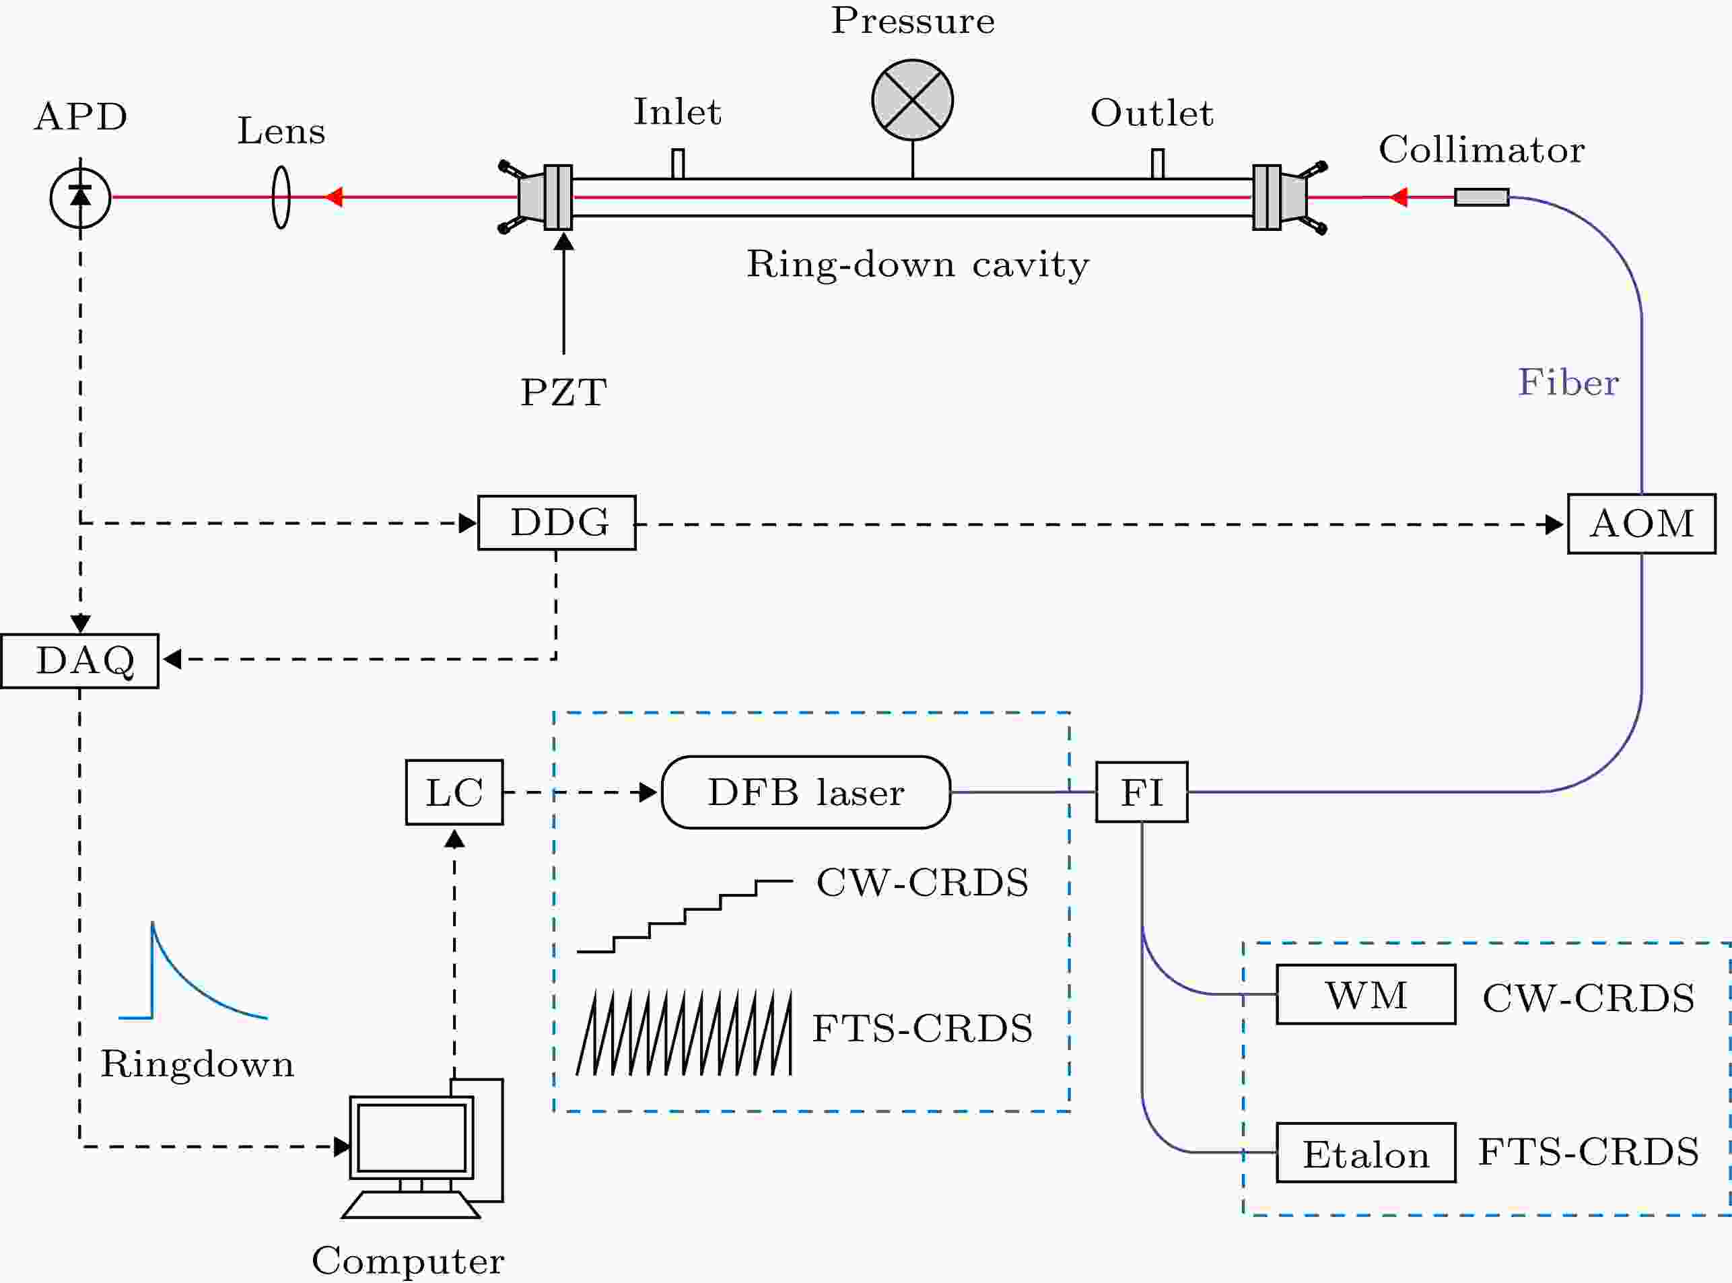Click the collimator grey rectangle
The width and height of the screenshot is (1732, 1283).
point(1482,197)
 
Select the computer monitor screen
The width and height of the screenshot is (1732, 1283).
point(412,1138)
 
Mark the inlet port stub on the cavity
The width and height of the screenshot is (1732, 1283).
point(678,163)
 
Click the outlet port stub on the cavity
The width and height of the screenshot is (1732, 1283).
point(1158,163)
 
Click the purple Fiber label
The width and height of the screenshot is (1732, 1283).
point(1568,382)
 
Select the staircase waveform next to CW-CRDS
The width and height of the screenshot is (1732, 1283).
point(685,916)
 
